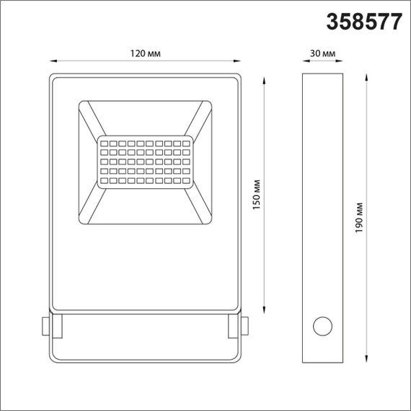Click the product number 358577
pos(364,22)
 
